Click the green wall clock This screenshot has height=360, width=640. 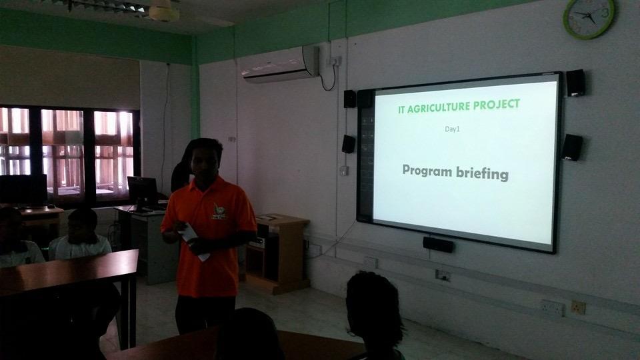pyautogui.click(x=589, y=18)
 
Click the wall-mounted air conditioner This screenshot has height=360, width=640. pyautogui.click(x=280, y=65)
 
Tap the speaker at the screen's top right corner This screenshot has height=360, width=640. pyautogui.click(x=575, y=83)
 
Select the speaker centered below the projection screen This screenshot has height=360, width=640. pyautogui.click(x=438, y=245)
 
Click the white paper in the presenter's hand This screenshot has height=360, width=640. pyautogui.click(x=193, y=240)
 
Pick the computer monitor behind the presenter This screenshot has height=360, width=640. pyautogui.click(x=142, y=191)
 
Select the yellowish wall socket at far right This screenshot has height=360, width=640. pyautogui.click(x=577, y=307)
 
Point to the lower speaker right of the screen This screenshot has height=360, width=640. pyautogui.click(x=571, y=147)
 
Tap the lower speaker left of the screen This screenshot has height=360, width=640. pyautogui.click(x=348, y=144)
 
